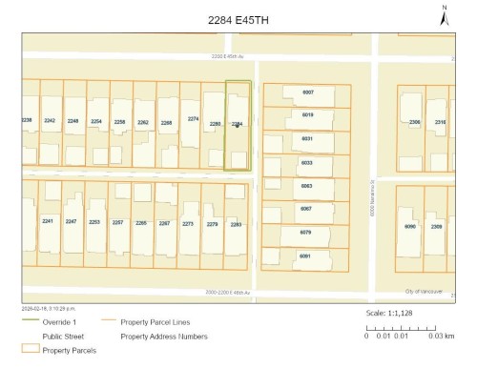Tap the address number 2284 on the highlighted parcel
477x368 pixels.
238,124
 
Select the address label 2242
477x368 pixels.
50,121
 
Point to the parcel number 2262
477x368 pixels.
143,122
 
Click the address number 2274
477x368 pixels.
193,118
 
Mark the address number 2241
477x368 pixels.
47,221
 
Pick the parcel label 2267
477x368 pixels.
164,222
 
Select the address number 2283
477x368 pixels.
237,224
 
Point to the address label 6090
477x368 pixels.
411,226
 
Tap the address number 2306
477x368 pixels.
414,122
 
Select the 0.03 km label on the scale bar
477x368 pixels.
442,336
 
